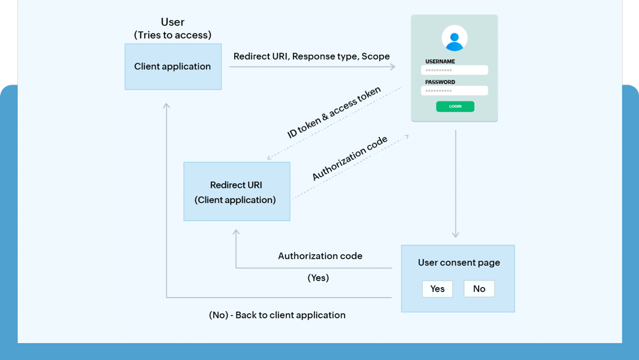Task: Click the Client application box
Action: (173, 67)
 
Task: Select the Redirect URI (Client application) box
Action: (236, 192)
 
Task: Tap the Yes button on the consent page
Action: (437, 289)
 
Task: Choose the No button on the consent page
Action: (479, 289)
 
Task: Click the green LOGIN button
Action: (455, 107)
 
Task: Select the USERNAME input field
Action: (454, 70)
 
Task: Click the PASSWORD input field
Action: (454, 91)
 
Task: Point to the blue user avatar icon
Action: (454, 39)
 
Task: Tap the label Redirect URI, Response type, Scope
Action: (312, 56)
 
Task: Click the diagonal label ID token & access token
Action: (334, 113)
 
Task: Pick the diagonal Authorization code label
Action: (350, 159)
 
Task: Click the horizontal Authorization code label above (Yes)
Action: (320, 256)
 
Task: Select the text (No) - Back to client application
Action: (277, 315)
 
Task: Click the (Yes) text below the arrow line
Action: (318, 278)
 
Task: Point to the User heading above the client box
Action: (173, 22)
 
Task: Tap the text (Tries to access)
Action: (173, 35)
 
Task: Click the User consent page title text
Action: (458, 263)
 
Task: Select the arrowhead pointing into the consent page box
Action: (455, 234)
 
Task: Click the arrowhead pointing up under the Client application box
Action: (167, 107)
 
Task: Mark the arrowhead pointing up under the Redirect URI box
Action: (236, 232)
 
